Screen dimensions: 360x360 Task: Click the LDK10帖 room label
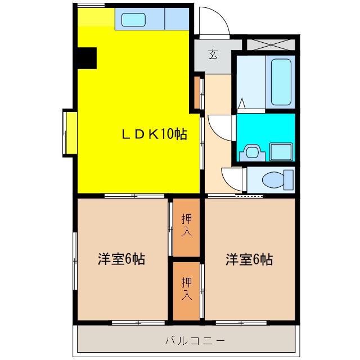155,134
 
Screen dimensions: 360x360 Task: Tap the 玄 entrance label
213,55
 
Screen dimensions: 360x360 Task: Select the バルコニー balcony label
195,341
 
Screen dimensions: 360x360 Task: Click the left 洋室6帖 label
121,259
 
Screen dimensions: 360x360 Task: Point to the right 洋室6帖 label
249,259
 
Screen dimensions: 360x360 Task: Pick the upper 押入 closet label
187,225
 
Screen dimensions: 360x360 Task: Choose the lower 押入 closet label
187,289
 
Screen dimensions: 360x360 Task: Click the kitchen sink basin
133,20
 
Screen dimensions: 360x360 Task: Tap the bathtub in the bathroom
281,82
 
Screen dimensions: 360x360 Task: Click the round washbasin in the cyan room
252,152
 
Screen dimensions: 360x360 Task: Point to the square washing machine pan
281,152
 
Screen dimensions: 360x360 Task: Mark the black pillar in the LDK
87,58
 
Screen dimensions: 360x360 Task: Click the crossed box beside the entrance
271,45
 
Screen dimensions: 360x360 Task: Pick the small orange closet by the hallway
197,92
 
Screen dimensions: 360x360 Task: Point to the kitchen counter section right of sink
177,19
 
